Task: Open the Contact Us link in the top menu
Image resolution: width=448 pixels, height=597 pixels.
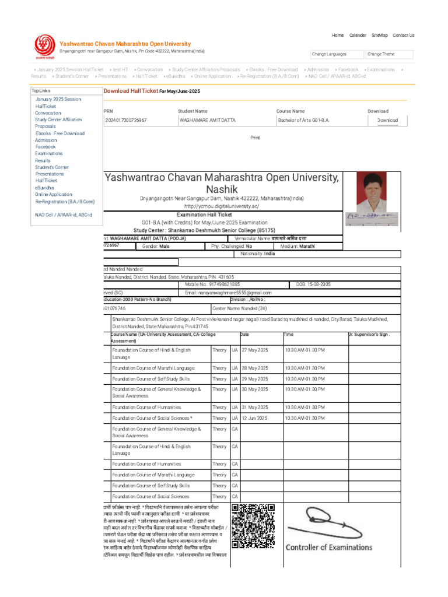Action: click(x=403, y=35)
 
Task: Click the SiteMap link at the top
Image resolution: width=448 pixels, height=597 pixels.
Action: click(x=379, y=35)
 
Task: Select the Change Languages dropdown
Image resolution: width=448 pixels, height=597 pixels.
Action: click(x=336, y=54)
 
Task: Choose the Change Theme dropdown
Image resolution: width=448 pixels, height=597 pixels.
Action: click(x=389, y=54)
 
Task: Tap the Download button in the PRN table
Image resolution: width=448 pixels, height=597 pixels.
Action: click(x=387, y=120)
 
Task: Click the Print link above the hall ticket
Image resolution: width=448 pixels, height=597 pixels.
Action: click(x=255, y=138)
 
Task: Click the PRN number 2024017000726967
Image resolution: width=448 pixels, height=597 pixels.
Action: click(x=126, y=120)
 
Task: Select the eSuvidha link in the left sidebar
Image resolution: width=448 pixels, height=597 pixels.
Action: click(x=44, y=188)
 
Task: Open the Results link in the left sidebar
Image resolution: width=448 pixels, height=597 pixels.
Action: click(x=43, y=160)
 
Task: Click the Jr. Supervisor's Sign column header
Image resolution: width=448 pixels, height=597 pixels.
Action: click(x=369, y=335)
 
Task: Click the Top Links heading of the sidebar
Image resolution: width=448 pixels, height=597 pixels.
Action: click(x=41, y=91)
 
